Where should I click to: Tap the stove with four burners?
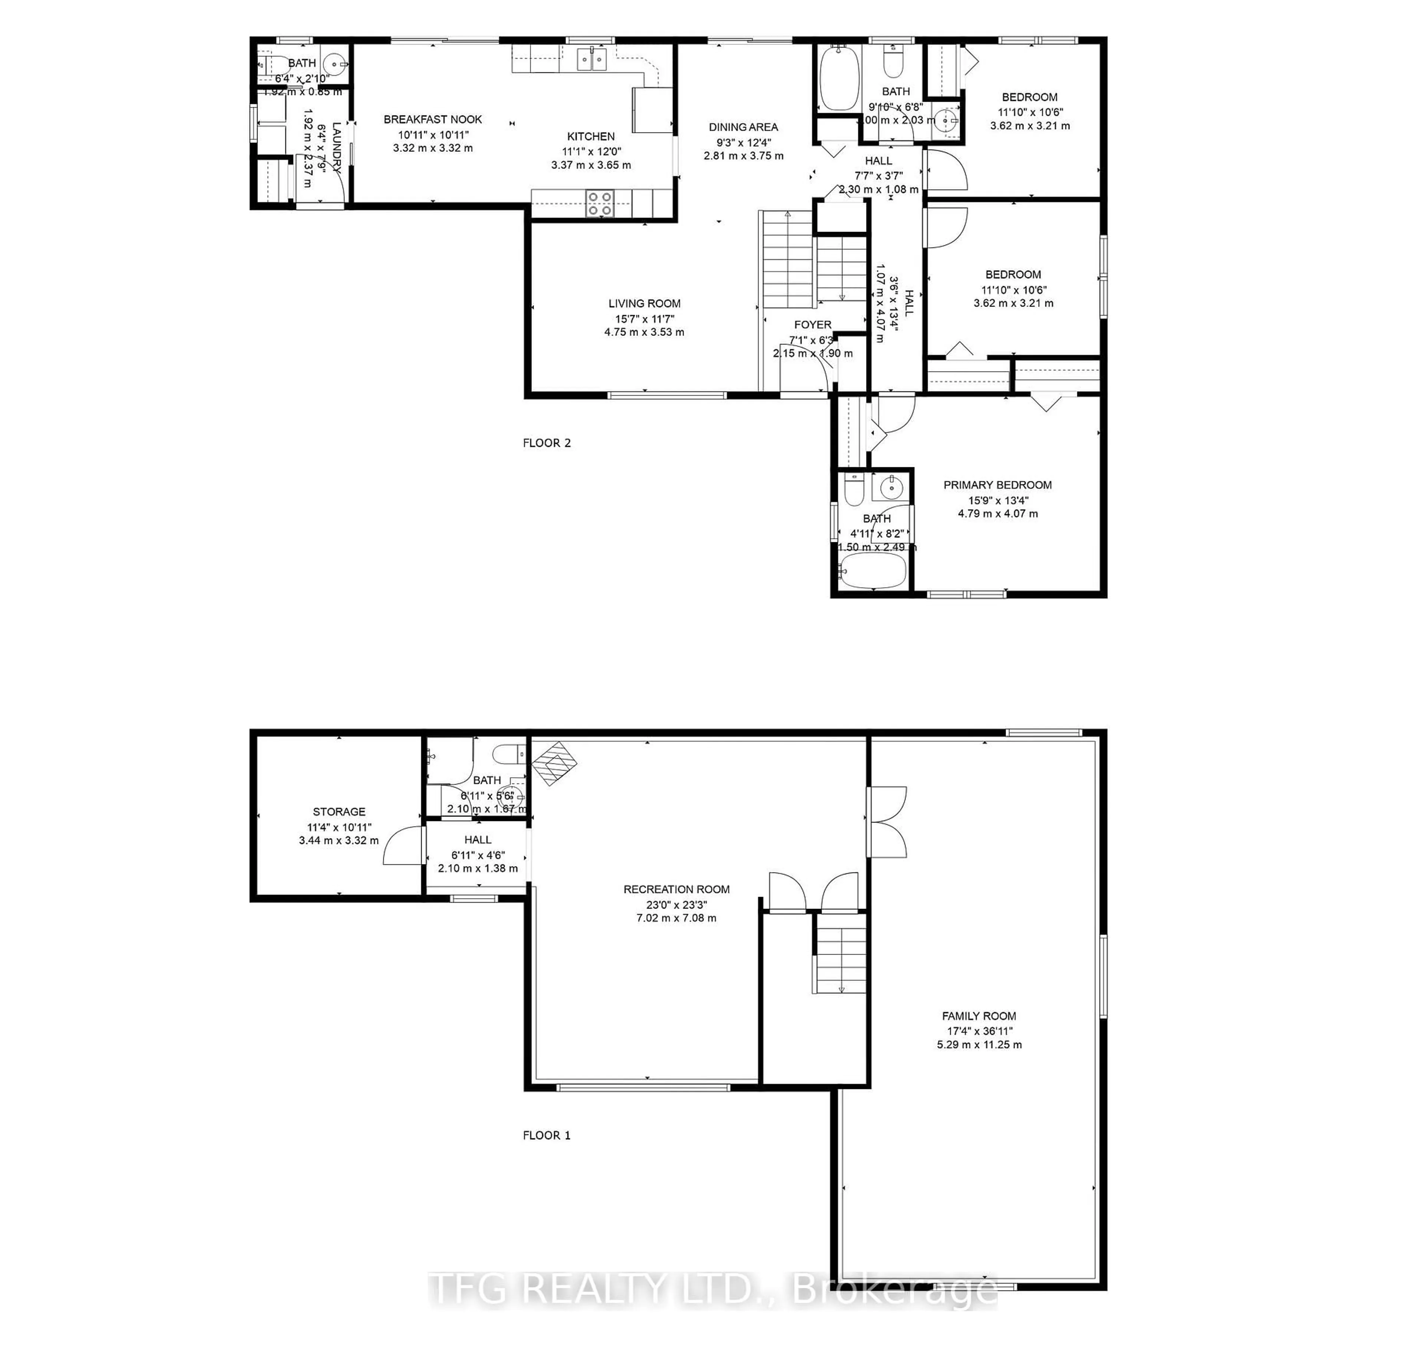(x=599, y=203)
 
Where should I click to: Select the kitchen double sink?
(x=592, y=59)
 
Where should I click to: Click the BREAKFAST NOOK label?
(x=433, y=119)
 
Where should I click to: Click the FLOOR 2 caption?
(x=546, y=443)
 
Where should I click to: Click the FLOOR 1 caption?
(x=546, y=1135)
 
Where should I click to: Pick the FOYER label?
(x=813, y=325)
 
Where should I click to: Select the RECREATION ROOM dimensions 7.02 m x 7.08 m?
(x=676, y=917)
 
